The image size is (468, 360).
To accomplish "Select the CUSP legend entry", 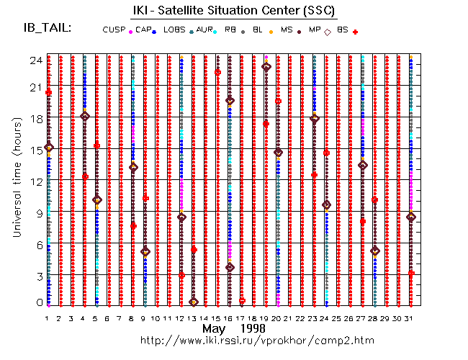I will pyautogui.click(x=114, y=30).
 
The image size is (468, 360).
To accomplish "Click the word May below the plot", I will pyautogui.click(x=213, y=328).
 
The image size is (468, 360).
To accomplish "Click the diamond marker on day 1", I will pyautogui.click(x=49, y=148).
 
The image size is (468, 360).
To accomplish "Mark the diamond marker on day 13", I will pyautogui.click(x=194, y=302).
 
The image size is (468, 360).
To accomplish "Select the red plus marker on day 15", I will pyautogui.click(x=217, y=72).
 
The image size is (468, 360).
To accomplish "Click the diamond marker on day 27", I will pyautogui.click(x=363, y=165).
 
